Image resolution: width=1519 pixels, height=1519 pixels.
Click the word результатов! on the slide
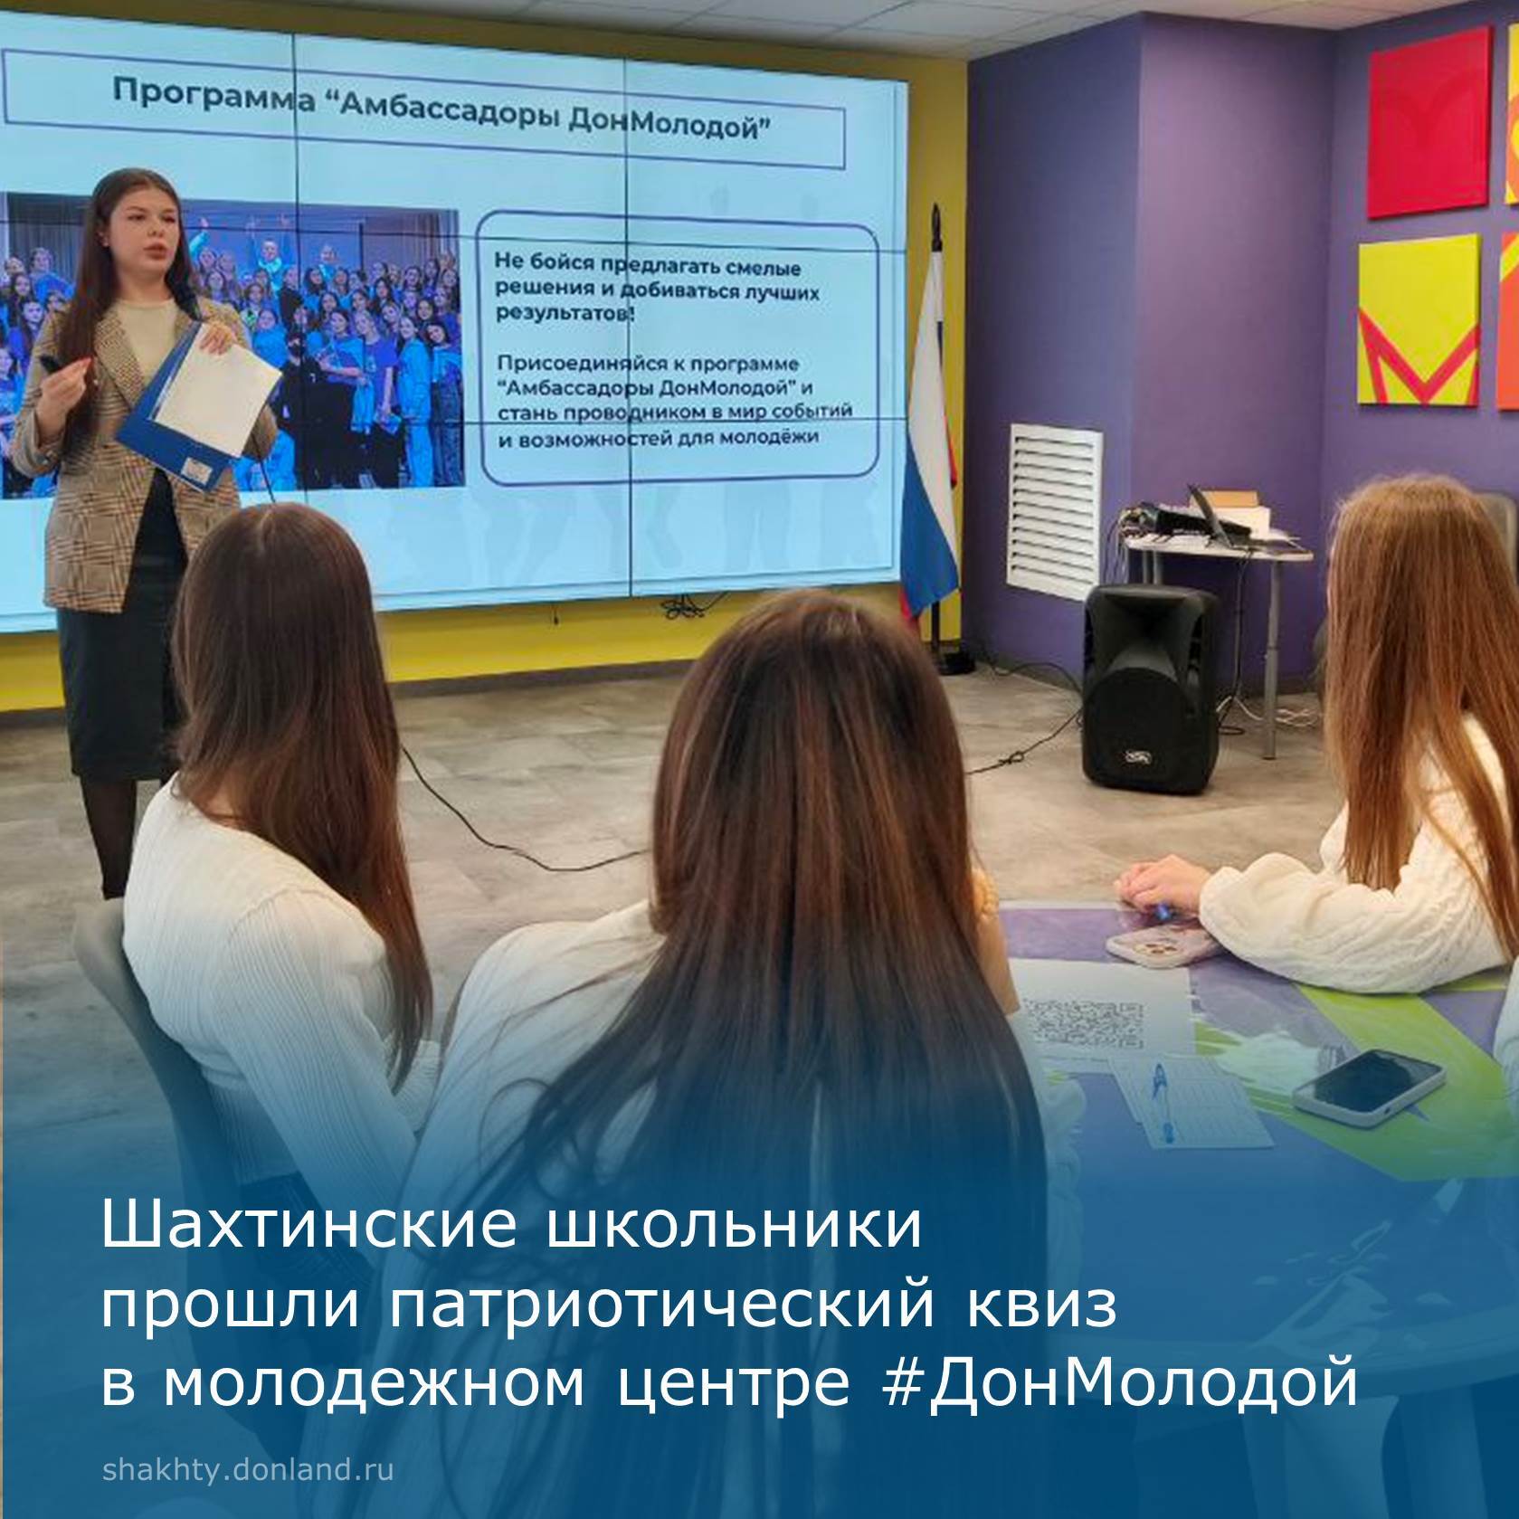[x=565, y=313]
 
